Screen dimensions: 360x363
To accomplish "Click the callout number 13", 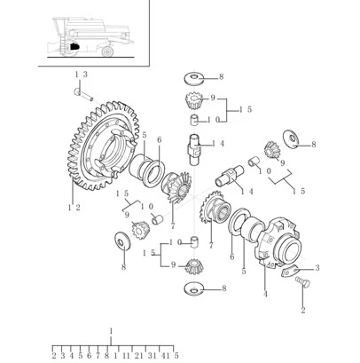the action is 81,75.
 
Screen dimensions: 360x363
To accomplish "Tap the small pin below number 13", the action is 83,94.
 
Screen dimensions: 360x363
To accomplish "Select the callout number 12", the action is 74,208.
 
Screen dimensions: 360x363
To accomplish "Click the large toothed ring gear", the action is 103,146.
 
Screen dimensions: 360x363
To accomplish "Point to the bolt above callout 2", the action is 302,282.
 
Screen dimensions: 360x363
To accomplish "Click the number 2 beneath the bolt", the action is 303,311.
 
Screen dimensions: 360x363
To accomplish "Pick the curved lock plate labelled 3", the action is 289,272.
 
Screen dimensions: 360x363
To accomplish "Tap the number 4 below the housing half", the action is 265,295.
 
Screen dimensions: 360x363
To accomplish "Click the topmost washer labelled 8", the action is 194,78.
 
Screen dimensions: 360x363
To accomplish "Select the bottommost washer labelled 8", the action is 193,289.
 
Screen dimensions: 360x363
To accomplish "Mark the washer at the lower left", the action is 122,241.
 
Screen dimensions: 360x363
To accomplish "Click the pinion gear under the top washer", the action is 193,100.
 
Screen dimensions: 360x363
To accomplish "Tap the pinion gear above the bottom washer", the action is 193,266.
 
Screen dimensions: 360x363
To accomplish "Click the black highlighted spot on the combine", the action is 74,46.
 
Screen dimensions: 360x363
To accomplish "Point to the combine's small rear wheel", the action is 107,51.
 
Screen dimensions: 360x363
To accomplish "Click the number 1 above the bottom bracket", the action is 111,331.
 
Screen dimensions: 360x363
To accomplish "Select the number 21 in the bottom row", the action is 138,356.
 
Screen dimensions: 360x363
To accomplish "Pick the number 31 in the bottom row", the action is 152,356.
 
